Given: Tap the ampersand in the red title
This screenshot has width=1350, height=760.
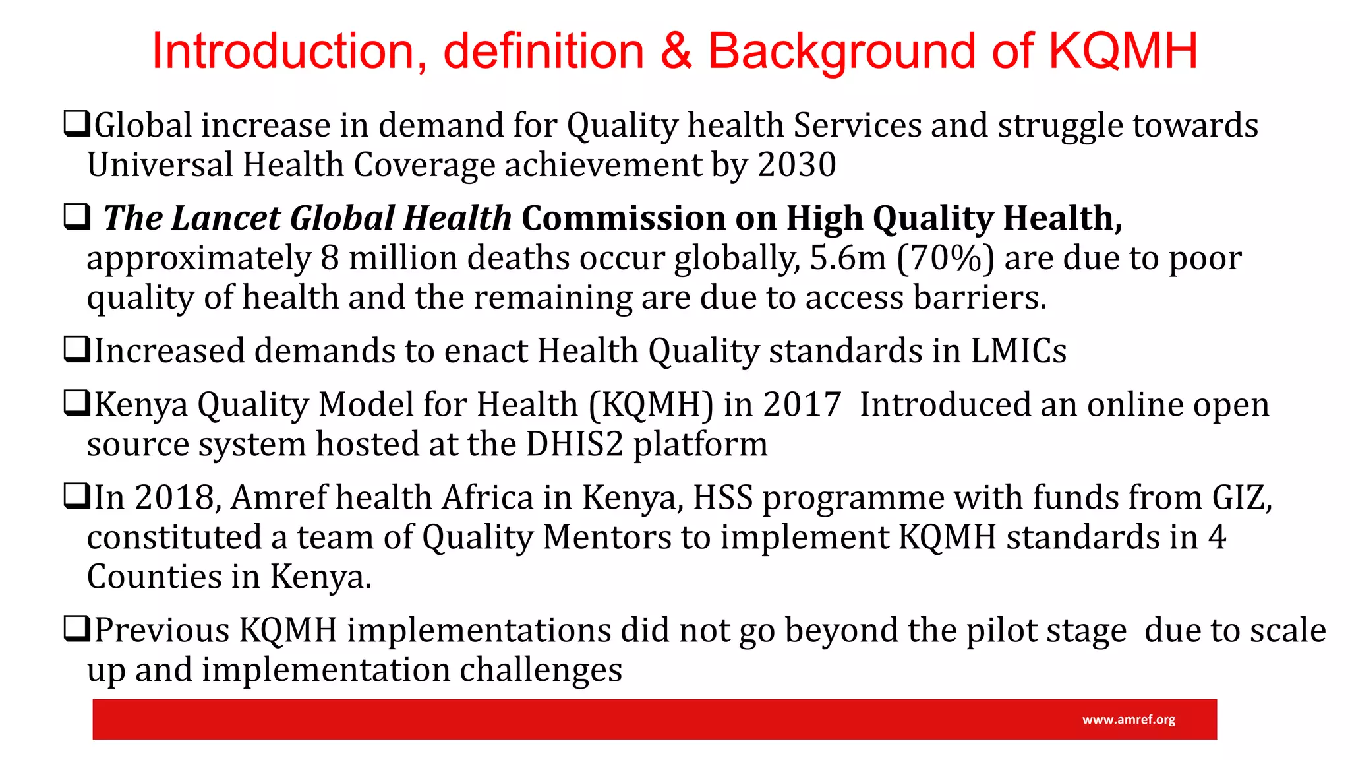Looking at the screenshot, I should point(676,51).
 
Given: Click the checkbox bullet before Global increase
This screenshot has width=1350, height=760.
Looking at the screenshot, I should point(76,124).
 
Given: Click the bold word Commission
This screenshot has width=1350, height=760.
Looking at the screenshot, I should point(623,218).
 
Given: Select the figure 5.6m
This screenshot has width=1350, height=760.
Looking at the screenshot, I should point(847,258).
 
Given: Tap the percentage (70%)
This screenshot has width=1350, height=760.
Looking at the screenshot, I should point(945,258).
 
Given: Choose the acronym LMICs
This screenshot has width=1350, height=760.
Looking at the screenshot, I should point(1018,351).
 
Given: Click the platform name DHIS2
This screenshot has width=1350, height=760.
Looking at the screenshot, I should point(574,444).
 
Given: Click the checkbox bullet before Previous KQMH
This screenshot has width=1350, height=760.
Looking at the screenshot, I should point(76,629).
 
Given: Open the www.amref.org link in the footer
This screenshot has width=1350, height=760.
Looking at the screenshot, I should point(1129,720).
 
